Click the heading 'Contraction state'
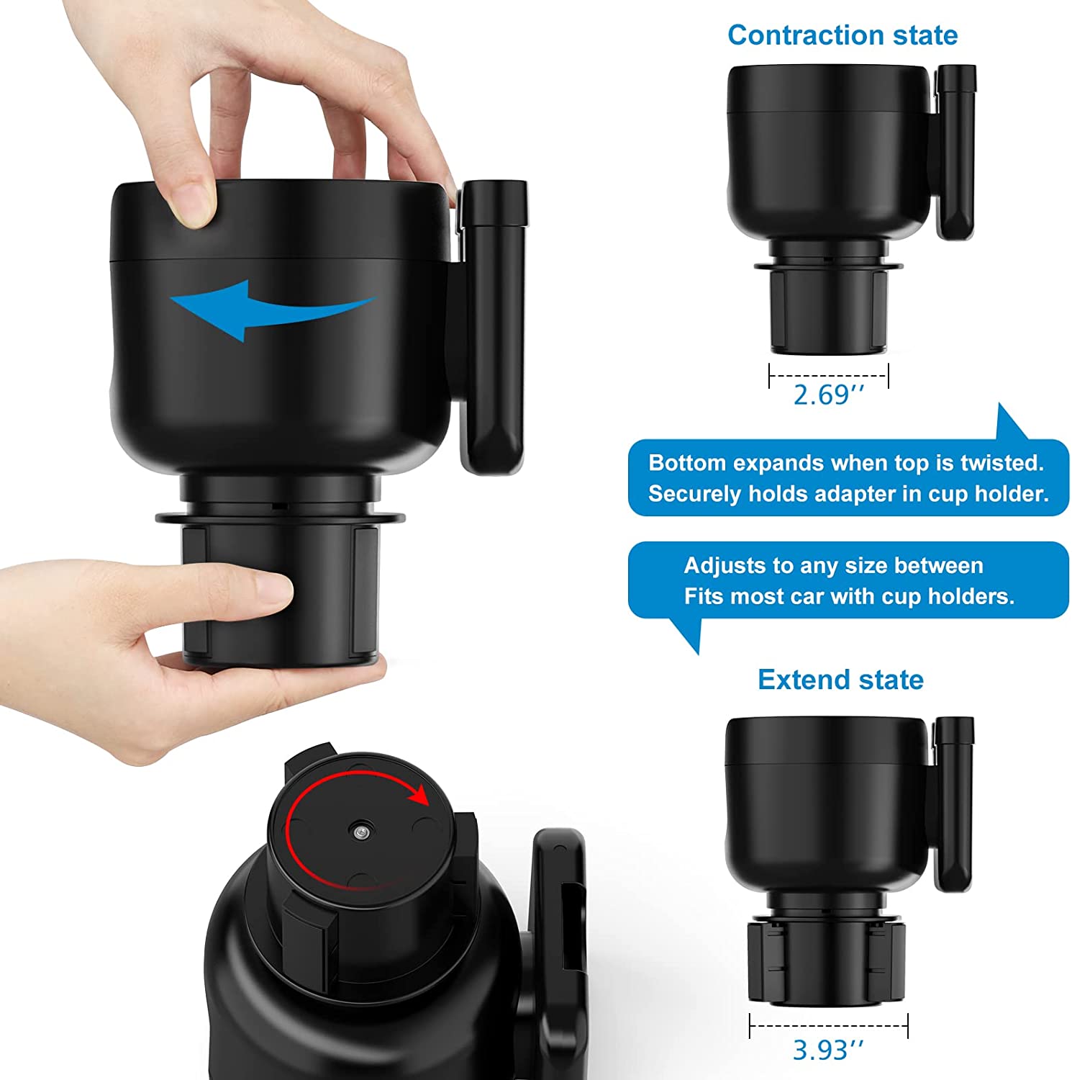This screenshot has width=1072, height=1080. tap(842, 35)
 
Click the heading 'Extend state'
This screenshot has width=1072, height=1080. tap(840, 680)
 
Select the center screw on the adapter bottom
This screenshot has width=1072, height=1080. tap(359, 832)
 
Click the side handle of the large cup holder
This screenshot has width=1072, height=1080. tap(494, 324)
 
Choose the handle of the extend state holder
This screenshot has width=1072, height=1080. tap(955, 803)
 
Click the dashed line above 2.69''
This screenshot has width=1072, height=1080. tap(829, 375)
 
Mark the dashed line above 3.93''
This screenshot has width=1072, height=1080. tap(828, 1025)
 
